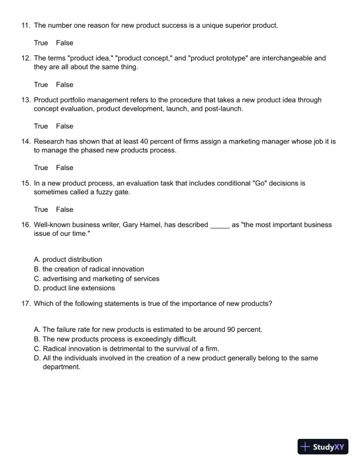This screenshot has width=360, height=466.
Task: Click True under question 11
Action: tap(41, 43)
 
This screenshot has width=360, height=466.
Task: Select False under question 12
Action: tap(65, 85)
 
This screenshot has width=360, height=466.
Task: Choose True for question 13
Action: tap(41, 127)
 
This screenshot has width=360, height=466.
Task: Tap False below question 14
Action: tap(65, 168)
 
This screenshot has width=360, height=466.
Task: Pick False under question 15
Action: tap(65, 209)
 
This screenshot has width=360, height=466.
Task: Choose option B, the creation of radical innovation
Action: tap(89, 269)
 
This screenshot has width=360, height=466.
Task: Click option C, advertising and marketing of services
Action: tap(96, 279)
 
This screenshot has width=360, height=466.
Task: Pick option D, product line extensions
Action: tap(74, 288)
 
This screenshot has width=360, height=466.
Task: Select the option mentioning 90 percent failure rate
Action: tap(148, 329)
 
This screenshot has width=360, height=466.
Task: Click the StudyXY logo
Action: tap(323, 447)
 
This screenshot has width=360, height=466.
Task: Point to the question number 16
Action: tap(25, 225)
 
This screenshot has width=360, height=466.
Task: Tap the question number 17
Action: tap(25, 304)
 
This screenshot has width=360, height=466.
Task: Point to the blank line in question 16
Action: tap(219, 225)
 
